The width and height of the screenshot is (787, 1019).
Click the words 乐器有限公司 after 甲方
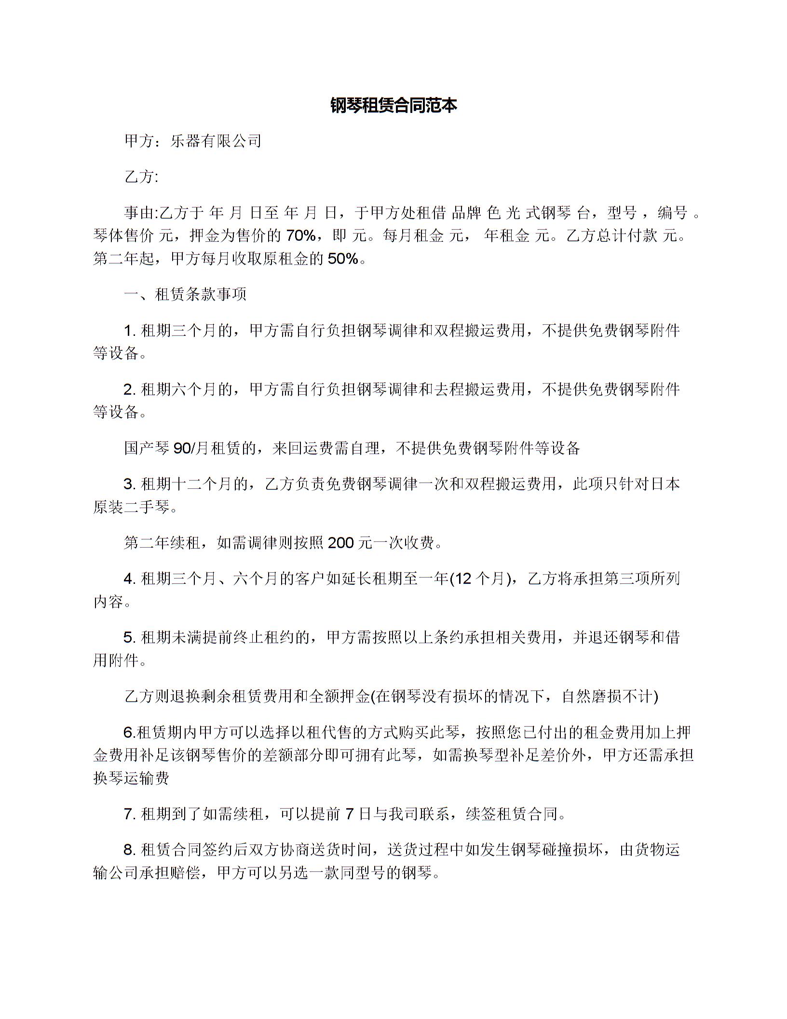coord(216,141)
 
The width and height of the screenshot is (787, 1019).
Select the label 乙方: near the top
coord(141,177)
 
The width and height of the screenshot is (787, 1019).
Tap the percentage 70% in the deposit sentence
coord(301,235)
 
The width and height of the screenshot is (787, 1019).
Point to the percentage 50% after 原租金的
coord(343,259)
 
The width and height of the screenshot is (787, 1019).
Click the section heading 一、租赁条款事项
coord(186,294)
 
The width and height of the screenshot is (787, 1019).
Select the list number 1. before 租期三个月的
coord(129,330)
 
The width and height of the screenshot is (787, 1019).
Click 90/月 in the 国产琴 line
coord(190,448)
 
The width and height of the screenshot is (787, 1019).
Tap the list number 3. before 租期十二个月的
coord(129,483)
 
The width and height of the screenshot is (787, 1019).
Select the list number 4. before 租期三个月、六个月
coord(129,578)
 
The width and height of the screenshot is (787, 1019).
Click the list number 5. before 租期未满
coord(129,637)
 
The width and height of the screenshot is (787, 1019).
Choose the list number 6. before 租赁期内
coord(129,732)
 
